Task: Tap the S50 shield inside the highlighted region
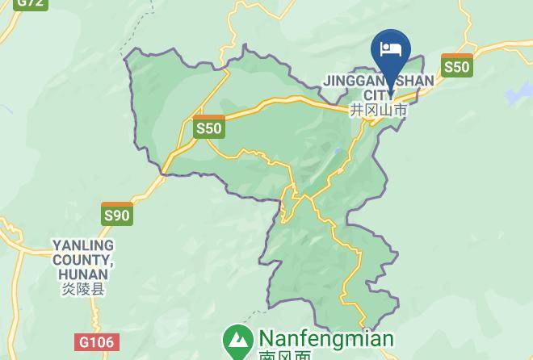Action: coord(208,128)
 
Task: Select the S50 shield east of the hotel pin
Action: coord(456,66)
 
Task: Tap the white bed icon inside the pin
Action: coord(391,48)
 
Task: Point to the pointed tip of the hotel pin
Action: coord(391,92)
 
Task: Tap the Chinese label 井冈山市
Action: coord(379,110)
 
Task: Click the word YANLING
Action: coord(83,245)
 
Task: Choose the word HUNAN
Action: coord(83,274)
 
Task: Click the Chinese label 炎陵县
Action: coord(83,289)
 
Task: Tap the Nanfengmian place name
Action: coord(326,338)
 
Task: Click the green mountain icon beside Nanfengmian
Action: coord(237,341)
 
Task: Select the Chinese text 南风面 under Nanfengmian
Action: coord(284,355)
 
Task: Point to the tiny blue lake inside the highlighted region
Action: coord(338,150)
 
